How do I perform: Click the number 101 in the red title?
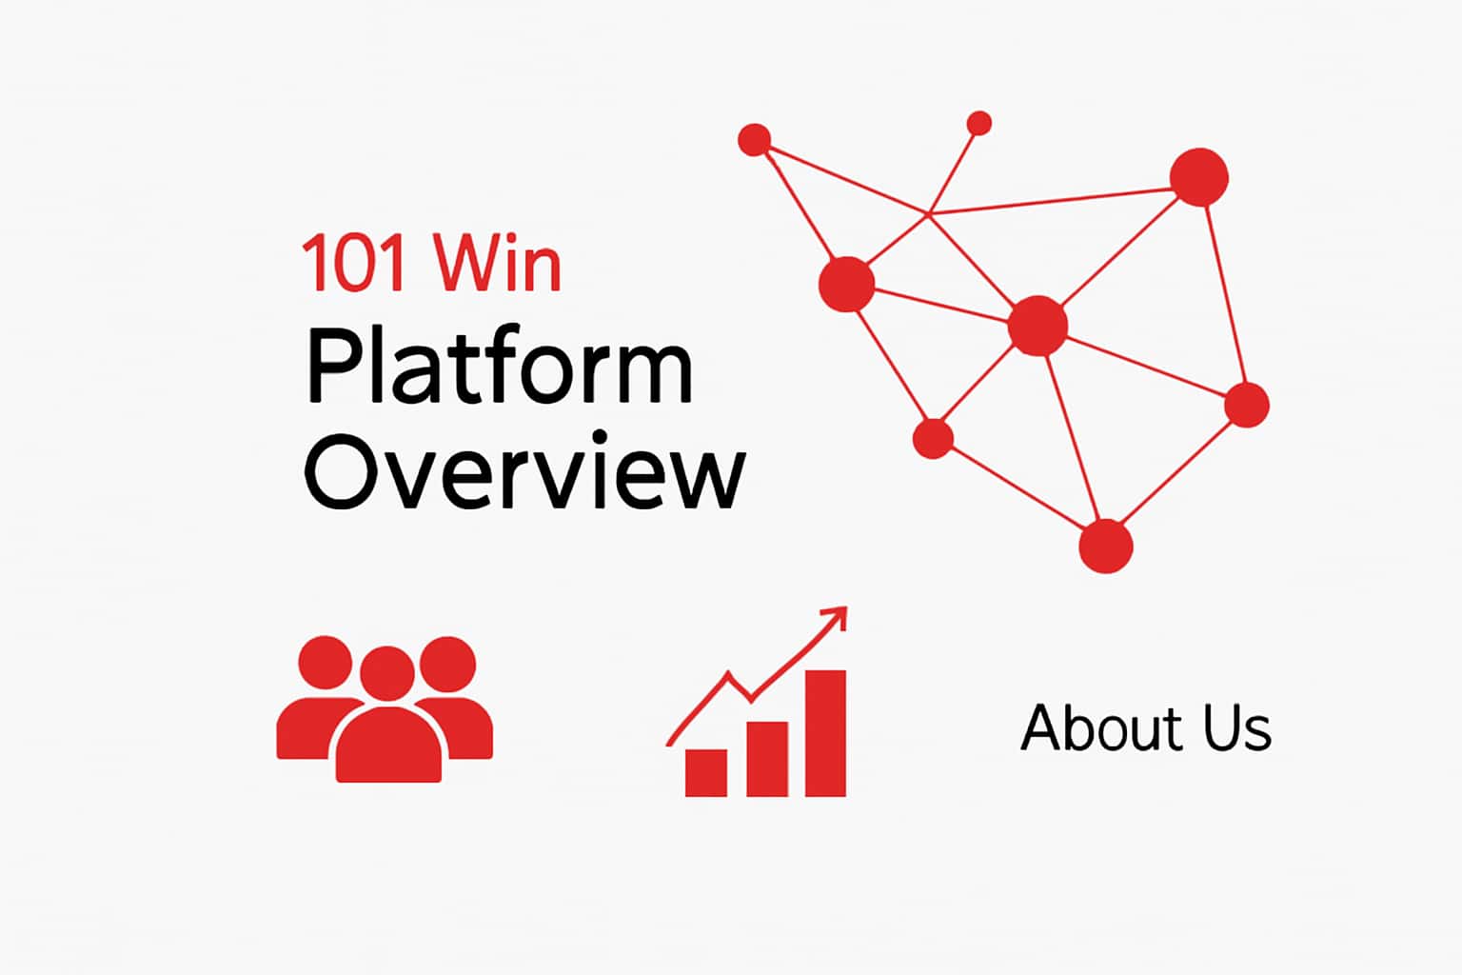[x=356, y=265]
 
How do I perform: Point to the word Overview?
[x=524, y=471]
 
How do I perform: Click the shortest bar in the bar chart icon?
[x=706, y=772]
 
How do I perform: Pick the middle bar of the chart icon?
[x=767, y=758]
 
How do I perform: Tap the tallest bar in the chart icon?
[x=825, y=732]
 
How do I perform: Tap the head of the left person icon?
[x=326, y=662]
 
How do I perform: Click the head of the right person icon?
[x=447, y=662]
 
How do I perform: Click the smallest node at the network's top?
[x=978, y=124]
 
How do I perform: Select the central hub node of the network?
[x=1037, y=326]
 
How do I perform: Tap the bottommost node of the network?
[x=1105, y=547]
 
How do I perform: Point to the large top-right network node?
[x=1198, y=177]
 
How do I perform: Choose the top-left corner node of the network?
[x=755, y=140]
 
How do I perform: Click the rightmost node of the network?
[x=1246, y=405]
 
